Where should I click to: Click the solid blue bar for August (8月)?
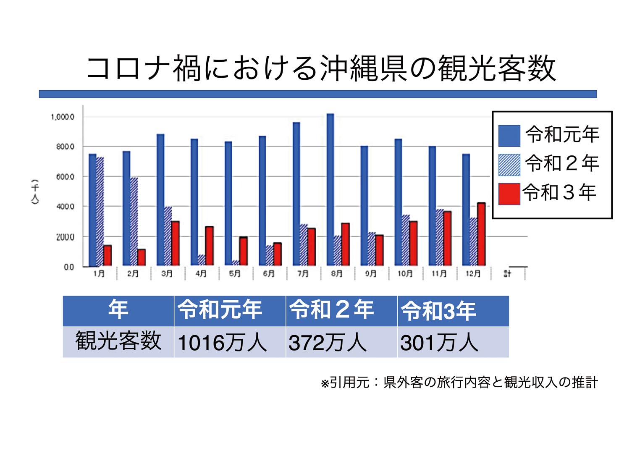(x=330, y=189)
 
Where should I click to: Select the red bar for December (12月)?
(x=481, y=234)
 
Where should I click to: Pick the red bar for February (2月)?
(x=141, y=257)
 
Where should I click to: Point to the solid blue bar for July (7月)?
(x=296, y=194)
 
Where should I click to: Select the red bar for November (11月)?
(x=447, y=238)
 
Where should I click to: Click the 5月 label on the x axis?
(x=235, y=274)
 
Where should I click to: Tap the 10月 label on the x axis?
(x=405, y=274)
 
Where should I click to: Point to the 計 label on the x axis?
(x=507, y=274)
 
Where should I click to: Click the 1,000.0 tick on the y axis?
(x=63, y=117)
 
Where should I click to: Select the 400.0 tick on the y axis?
(x=65, y=207)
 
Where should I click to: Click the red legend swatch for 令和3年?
(x=509, y=194)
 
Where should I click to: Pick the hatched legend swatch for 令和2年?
(x=509, y=165)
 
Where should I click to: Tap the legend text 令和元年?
(x=562, y=134)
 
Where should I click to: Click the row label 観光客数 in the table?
(x=118, y=341)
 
